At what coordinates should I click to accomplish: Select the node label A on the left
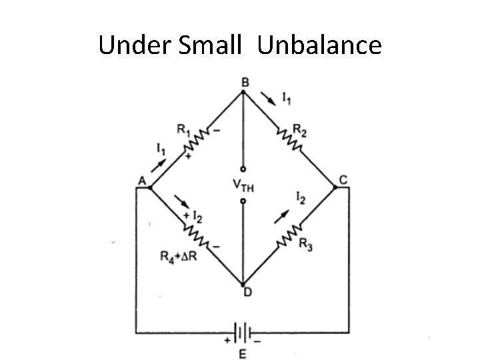[141, 181]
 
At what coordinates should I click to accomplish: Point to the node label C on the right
[343, 179]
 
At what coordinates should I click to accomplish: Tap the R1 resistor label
[183, 130]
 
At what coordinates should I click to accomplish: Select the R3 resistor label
[306, 245]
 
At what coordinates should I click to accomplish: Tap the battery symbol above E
[243, 331]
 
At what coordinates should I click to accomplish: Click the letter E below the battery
[243, 353]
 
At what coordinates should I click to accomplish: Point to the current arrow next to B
[269, 99]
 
